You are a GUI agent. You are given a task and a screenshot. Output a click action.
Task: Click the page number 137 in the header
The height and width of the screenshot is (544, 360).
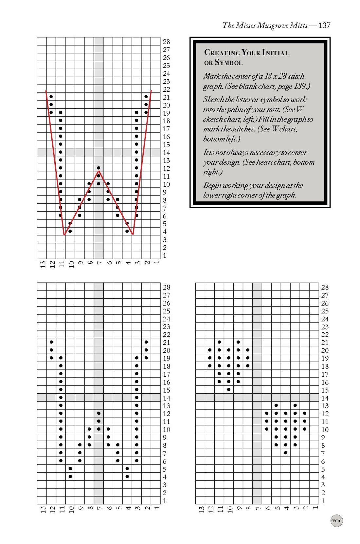point(324,25)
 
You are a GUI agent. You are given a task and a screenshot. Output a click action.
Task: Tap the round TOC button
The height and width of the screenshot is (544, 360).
point(336,520)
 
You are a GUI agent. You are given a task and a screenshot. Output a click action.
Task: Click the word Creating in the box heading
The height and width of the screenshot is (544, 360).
point(222,52)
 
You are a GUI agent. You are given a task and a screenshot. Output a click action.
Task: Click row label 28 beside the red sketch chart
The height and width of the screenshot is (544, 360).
point(166,42)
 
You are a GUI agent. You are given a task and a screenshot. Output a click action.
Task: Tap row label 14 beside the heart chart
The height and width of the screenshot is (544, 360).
point(325,398)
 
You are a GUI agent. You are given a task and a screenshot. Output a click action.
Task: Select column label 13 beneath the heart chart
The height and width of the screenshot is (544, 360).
point(202,509)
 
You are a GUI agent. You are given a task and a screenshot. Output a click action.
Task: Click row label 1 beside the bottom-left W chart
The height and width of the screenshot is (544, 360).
point(165,501)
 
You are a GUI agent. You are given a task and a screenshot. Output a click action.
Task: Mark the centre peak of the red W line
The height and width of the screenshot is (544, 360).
point(99,171)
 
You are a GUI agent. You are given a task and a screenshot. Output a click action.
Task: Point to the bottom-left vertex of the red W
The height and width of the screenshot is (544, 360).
point(64,235)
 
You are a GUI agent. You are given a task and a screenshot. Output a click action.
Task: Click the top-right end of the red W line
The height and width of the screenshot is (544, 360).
point(151,91)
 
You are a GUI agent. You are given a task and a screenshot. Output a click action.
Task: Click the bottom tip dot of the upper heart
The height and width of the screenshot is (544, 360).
point(229,389)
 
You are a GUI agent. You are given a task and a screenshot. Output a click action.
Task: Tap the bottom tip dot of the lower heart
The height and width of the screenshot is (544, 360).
point(286,453)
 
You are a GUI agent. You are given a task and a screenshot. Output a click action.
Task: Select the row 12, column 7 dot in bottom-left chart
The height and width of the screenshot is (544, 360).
point(99,413)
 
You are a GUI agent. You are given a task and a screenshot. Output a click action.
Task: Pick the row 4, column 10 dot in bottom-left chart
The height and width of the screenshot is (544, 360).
point(70,477)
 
